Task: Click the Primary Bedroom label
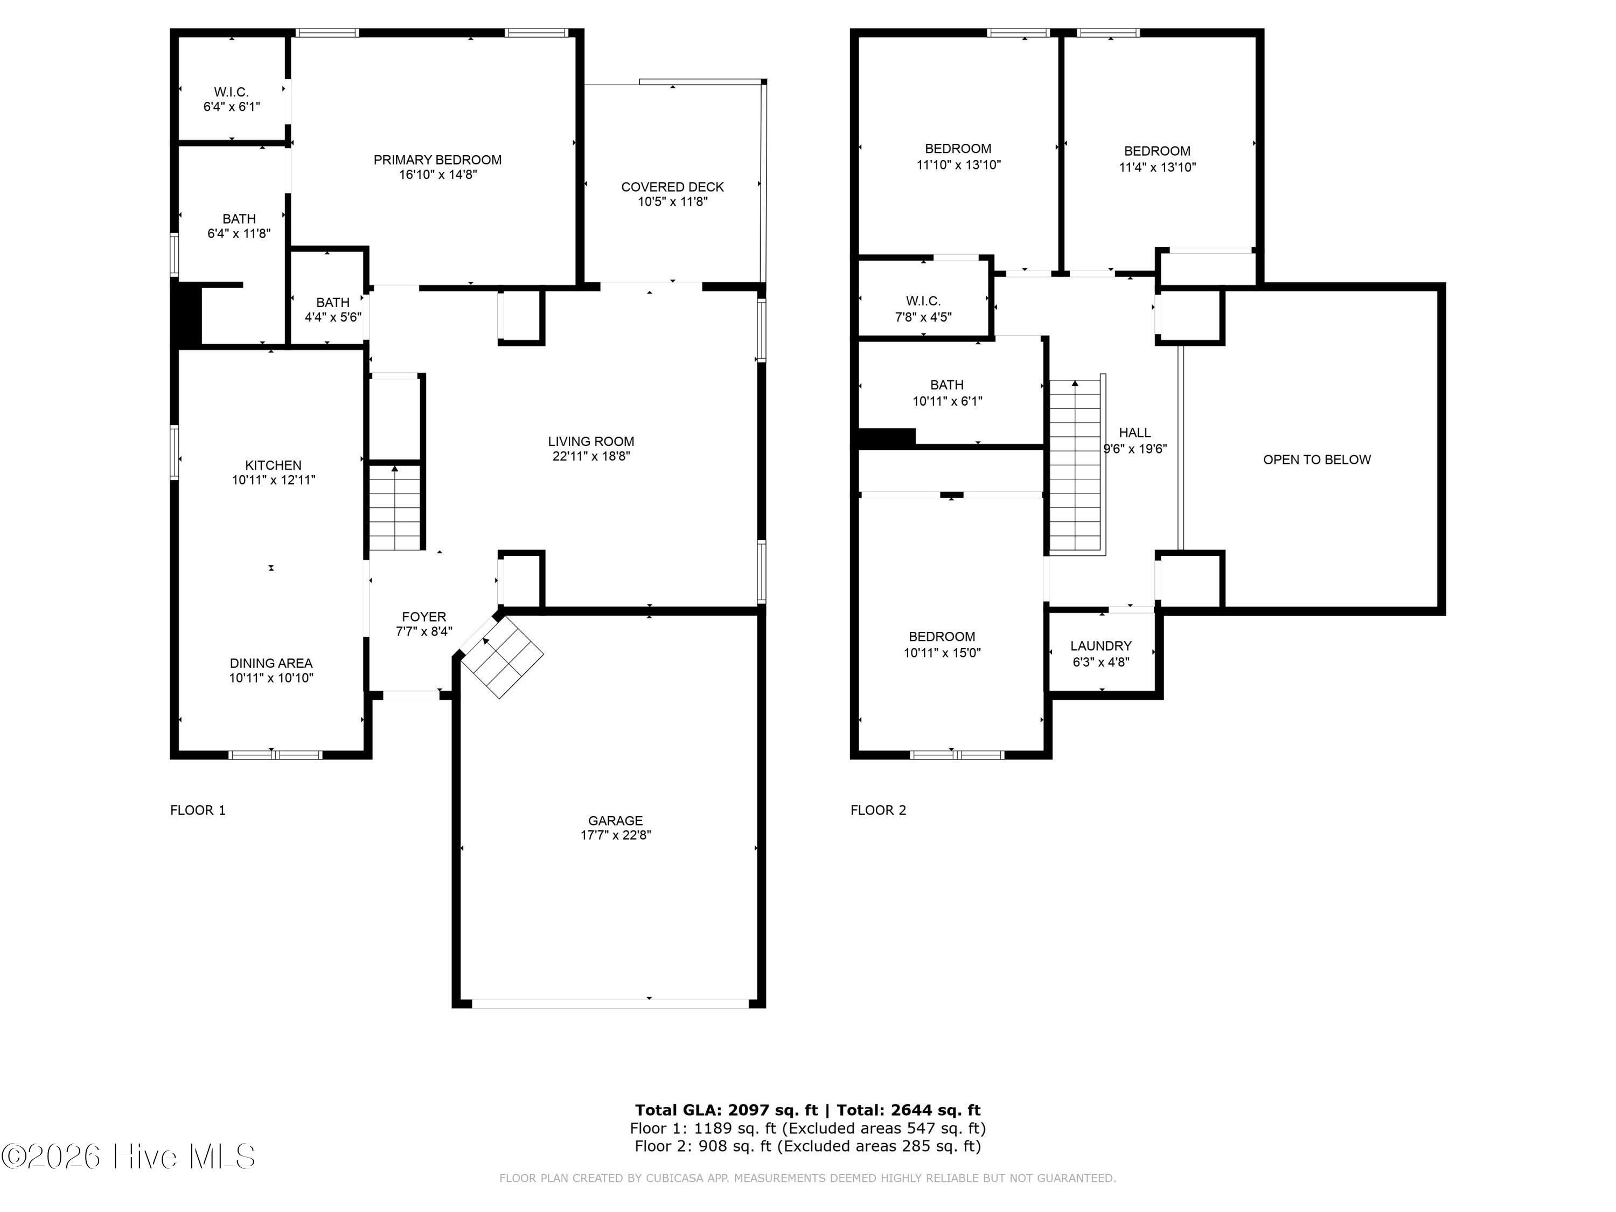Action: [x=437, y=160]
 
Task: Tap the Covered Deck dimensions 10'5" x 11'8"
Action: [x=673, y=201]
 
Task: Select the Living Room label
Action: [x=591, y=441]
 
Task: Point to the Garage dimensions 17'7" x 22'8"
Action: [x=616, y=835]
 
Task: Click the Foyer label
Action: [x=424, y=617]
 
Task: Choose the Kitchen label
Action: [x=273, y=465]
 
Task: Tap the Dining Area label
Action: [x=271, y=663]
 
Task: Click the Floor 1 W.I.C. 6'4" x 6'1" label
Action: [x=232, y=99]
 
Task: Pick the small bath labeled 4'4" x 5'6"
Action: [x=333, y=310]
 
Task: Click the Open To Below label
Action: [x=1317, y=459]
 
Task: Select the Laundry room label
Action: [x=1101, y=646]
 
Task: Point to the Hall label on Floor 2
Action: [x=1134, y=433]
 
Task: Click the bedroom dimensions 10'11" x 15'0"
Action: [x=942, y=653]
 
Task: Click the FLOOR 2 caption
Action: [x=878, y=810]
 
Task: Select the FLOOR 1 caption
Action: [x=198, y=810]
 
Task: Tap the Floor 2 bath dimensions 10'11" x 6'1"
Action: [x=948, y=401]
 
